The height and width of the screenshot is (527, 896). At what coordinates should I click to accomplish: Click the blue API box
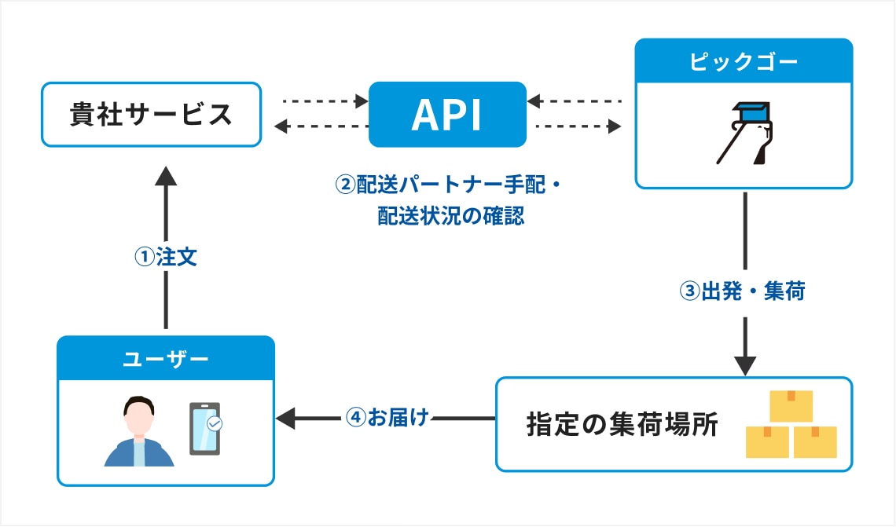(x=447, y=114)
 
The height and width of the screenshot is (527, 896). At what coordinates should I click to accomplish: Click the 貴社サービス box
(x=152, y=114)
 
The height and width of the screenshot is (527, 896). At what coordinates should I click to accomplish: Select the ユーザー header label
(x=166, y=359)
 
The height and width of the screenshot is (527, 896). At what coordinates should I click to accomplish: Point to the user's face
(x=139, y=418)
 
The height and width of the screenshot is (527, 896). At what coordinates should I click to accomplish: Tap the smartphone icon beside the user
(x=205, y=429)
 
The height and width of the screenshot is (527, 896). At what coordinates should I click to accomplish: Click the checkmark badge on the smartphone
(x=215, y=423)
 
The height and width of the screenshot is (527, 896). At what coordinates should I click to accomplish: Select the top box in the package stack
(x=791, y=406)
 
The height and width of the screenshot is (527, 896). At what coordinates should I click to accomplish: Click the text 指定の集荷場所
(x=622, y=425)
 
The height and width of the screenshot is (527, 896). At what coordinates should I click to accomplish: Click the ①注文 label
(x=166, y=257)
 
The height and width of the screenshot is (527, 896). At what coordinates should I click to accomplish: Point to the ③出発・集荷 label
(x=742, y=291)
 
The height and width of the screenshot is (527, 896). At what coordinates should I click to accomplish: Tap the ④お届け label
(x=387, y=417)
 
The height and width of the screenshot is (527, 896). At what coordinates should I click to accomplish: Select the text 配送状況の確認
(x=451, y=216)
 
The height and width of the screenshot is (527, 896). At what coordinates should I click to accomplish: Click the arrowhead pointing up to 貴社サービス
(x=166, y=177)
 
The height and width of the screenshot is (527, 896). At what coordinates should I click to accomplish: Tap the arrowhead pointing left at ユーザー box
(x=285, y=419)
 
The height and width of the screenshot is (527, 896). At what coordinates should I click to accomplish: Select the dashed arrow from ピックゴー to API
(x=574, y=101)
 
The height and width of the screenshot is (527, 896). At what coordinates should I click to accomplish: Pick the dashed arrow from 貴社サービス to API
(x=325, y=101)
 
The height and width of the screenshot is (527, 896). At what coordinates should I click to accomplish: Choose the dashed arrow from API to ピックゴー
(x=578, y=126)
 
